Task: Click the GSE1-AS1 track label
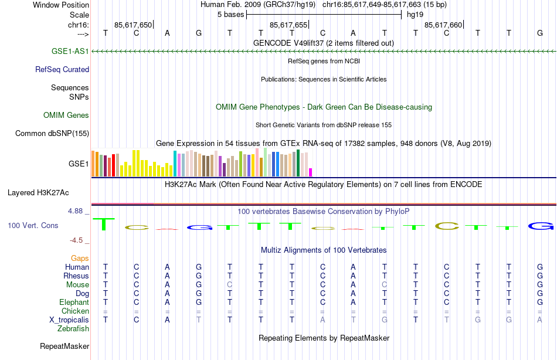(70, 52)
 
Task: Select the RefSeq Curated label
(62, 70)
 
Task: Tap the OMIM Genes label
(66, 116)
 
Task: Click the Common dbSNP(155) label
(52, 134)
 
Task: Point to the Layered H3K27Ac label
(38, 192)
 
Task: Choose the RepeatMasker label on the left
(64, 347)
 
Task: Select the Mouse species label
(77, 285)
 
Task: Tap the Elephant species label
(74, 303)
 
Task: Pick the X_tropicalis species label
(69, 320)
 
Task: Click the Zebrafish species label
(73, 329)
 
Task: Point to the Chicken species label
(75, 311)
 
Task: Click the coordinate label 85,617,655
(288, 25)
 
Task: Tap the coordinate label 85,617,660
(443, 25)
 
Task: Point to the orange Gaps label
(80, 258)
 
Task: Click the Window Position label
(61, 5)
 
